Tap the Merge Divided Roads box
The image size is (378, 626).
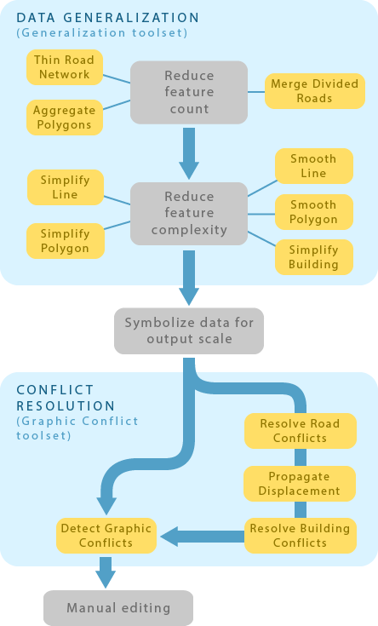click(x=314, y=90)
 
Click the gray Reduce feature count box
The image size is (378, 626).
click(x=188, y=92)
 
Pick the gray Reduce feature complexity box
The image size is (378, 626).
click(x=188, y=213)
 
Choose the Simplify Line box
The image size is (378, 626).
click(x=65, y=187)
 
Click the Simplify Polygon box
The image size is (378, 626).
click(x=65, y=240)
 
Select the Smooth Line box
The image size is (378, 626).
click(x=313, y=166)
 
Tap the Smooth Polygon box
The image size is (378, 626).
click(x=313, y=212)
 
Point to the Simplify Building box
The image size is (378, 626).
click(x=313, y=257)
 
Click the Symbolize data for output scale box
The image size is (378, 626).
click(x=189, y=330)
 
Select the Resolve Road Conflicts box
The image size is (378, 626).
click(x=300, y=430)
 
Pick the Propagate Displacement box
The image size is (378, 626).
click(x=300, y=483)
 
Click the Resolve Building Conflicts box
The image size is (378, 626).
click(x=300, y=535)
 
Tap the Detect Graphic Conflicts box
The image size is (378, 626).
click(x=106, y=535)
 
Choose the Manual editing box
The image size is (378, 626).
click(x=118, y=608)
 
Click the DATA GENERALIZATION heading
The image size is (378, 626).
click(x=108, y=17)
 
